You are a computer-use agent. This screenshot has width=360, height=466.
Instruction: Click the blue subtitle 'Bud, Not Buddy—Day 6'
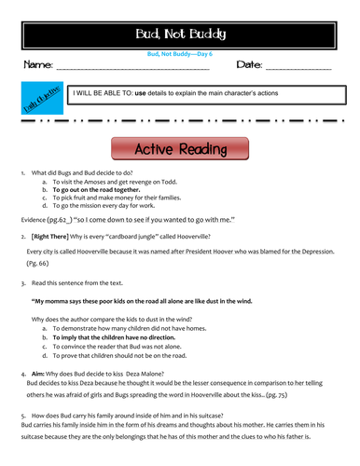coord(180,55)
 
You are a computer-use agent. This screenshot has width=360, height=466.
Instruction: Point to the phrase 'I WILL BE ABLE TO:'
coord(103,94)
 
